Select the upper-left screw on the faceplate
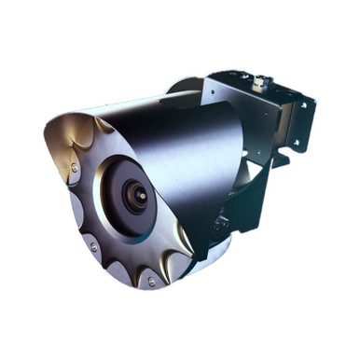(74, 168)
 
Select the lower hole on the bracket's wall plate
(298, 143)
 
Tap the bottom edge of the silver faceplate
(140, 284)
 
